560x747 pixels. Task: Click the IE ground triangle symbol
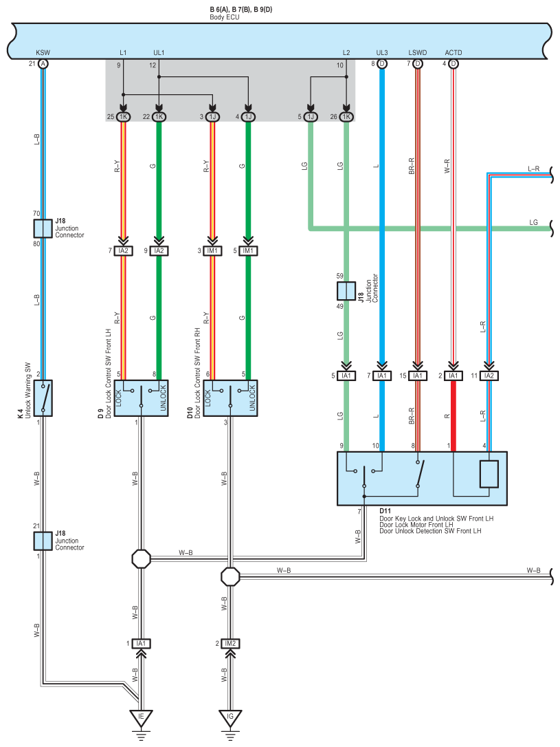click(x=141, y=717)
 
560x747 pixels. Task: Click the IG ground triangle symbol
click(x=230, y=717)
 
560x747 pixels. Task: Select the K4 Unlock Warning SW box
click(x=43, y=398)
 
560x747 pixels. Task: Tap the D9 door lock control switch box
click(x=142, y=398)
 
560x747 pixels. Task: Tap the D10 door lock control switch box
click(x=230, y=398)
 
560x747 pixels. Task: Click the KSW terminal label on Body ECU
click(x=43, y=52)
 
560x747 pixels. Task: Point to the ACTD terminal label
click(x=453, y=52)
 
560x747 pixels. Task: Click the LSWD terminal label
click(x=418, y=52)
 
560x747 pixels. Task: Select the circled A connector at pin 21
click(x=43, y=64)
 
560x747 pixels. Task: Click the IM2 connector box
click(x=230, y=644)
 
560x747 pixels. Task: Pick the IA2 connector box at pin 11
click(x=489, y=376)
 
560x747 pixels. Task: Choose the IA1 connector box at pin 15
click(x=418, y=376)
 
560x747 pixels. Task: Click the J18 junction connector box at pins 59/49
click(x=346, y=290)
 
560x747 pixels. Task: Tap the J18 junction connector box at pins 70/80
click(x=43, y=228)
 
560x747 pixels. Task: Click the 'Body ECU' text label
click(x=225, y=17)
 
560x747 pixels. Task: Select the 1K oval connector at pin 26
click(x=346, y=117)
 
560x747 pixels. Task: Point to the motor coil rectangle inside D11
click(x=489, y=474)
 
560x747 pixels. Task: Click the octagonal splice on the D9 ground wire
click(x=142, y=559)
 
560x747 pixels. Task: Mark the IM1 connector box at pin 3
click(x=212, y=250)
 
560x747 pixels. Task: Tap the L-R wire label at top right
click(x=534, y=169)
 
